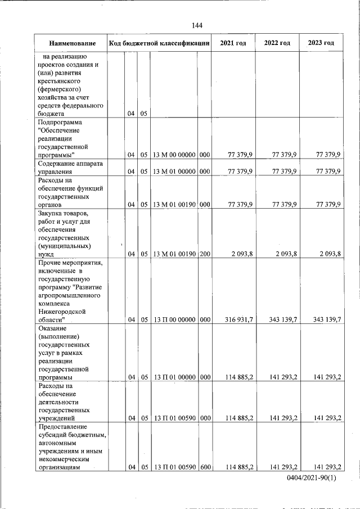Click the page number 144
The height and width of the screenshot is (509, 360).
[197, 25]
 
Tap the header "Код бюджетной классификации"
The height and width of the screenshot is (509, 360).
[159, 43]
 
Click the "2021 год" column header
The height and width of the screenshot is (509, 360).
[233, 43]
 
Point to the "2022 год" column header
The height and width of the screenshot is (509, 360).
[277, 43]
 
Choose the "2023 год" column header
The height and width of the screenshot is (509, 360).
[321, 43]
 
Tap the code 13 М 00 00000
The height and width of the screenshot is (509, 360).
[174, 155]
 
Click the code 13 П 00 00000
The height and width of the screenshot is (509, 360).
[174, 319]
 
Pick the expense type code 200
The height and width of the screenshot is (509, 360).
[205, 254]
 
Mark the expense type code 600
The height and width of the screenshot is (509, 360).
[205, 467]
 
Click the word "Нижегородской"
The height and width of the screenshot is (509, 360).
[62, 311]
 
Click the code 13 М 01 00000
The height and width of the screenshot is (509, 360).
[174, 172]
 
